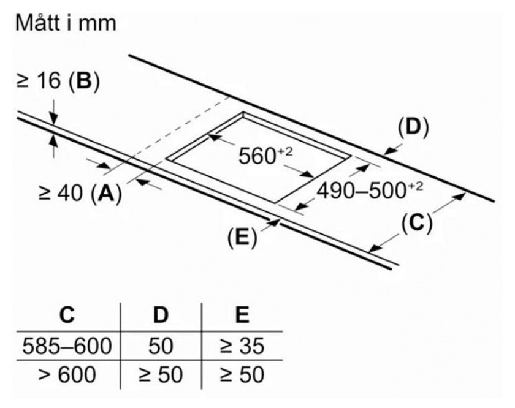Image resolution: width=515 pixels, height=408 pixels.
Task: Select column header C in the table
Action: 67,316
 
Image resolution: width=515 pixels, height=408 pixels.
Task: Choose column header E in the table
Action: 242,316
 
